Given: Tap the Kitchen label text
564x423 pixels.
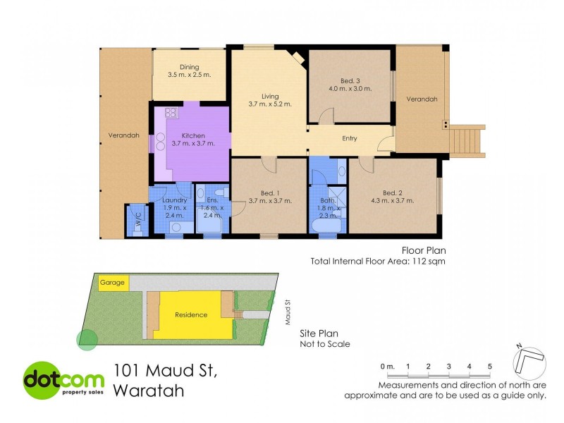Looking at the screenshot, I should pyautogui.click(x=193, y=135).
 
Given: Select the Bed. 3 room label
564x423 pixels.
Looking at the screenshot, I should pyautogui.click(x=349, y=81).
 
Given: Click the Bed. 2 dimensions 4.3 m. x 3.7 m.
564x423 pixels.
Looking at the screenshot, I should pyautogui.click(x=393, y=201).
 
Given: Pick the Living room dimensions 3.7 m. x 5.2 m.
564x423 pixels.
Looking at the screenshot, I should pyautogui.click(x=270, y=104).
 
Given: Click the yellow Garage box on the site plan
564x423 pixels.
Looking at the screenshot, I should pyautogui.click(x=112, y=283).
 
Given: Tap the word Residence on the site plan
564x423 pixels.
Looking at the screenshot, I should pyautogui.click(x=191, y=315).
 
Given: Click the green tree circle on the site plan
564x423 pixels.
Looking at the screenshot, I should pyautogui.click(x=87, y=341).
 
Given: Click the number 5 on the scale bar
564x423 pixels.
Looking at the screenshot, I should pyautogui.click(x=489, y=366).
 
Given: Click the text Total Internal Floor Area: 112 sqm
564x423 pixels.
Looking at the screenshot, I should pyautogui.click(x=378, y=261).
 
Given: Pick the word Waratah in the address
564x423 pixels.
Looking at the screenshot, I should pyautogui.click(x=149, y=391).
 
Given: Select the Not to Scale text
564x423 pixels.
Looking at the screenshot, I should pyautogui.click(x=325, y=345).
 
